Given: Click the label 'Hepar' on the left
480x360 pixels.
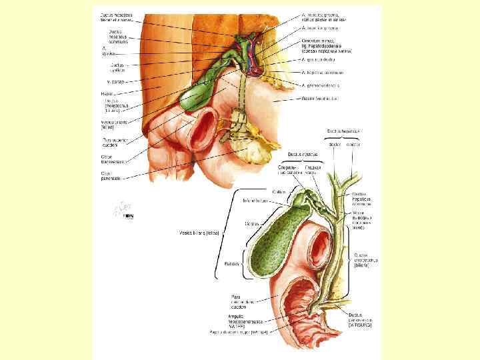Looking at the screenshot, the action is pyautogui.click(x=107, y=93).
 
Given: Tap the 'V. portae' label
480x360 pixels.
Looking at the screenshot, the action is pyautogui.click(x=109, y=81).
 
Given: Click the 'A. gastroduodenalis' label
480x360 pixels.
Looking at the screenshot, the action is pyautogui.click(x=321, y=85).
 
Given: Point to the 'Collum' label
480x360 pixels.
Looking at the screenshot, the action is pyautogui.click(x=279, y=191).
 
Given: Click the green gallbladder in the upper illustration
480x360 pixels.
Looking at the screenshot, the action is pyautogui.click(x=195, y=93).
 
